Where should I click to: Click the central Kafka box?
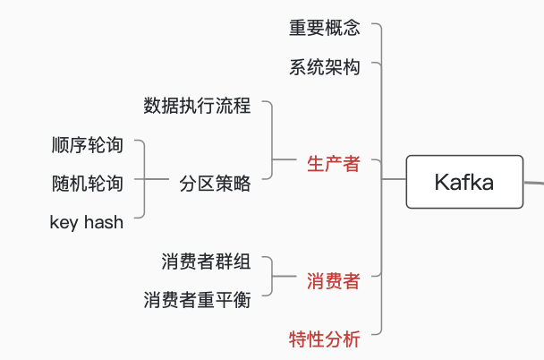coord(463,182)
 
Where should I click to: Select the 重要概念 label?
coord(324,28)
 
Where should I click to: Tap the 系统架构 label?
coord(324,67)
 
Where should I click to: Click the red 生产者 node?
coord(333,164)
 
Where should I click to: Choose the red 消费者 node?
coord(333,281)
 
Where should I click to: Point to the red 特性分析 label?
coord(324,339)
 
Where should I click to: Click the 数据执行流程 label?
coord(197,106)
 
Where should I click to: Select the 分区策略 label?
coord(215,184)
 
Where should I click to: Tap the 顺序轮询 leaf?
coord(88,144)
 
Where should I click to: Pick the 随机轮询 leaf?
coord(88,184)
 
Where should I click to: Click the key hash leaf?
coord(87,222)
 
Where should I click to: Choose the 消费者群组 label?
coord(206,261)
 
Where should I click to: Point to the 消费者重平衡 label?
coord(197,300)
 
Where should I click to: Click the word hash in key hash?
coord(103,222)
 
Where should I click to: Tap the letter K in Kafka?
coord(441,183)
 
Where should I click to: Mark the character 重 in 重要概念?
coord(297,28)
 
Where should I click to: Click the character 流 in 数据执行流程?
coord(224,106)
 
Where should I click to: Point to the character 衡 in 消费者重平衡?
coord(242,300)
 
